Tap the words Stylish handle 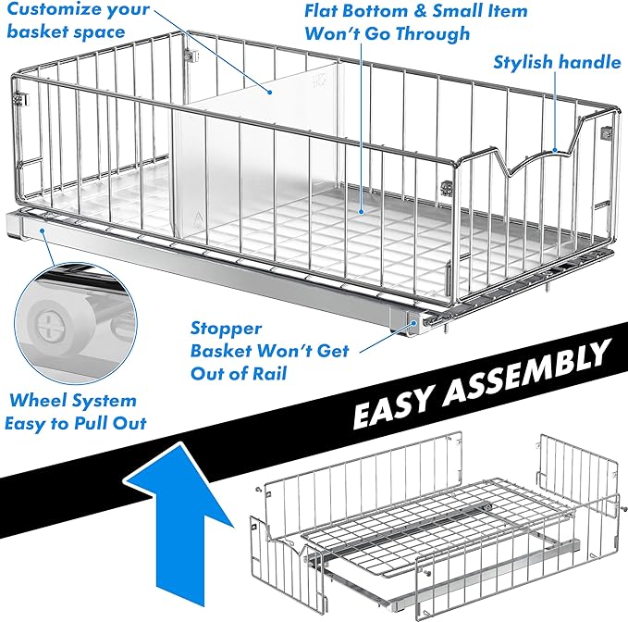557,63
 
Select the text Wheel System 73,401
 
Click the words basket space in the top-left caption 65,32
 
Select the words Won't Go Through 387,34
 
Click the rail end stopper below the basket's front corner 420,320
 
